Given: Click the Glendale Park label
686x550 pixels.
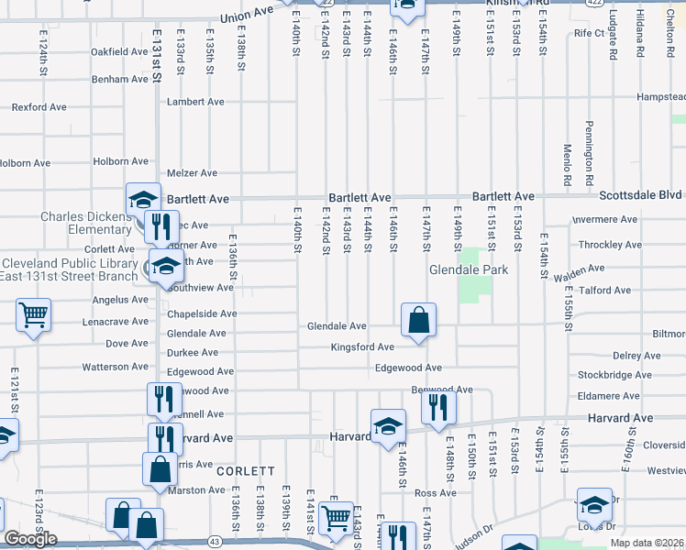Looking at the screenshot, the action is click(468, 270).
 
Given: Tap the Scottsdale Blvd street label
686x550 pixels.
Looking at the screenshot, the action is click(641, 196).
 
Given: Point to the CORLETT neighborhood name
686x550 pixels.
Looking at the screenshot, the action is click(246, 470).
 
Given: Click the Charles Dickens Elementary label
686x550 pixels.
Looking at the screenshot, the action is click(87, 223).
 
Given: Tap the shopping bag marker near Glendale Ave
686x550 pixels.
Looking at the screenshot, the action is click(418, 321).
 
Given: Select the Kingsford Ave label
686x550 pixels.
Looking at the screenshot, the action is click(363, 347).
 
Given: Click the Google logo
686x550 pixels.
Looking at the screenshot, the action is click(31, 539).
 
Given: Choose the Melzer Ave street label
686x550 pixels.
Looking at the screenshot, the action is click(192, 172).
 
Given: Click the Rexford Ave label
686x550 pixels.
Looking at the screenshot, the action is click(39, 107).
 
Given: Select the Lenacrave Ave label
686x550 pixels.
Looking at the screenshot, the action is click(115, 322).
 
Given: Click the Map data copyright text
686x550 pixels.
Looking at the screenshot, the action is click(646, 542).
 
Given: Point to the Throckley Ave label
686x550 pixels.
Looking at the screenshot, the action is click(610, 245).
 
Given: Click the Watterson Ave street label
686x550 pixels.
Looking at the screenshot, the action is click(115, 367).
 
